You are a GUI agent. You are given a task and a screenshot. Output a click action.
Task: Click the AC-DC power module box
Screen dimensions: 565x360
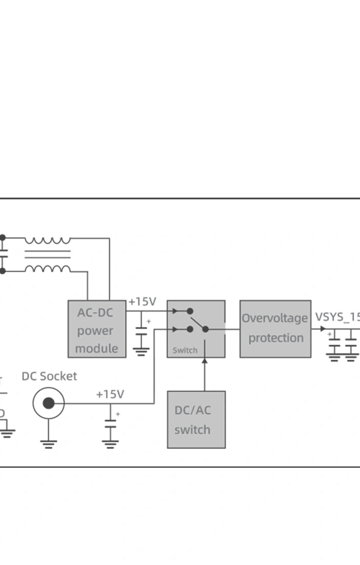tap(97, 329)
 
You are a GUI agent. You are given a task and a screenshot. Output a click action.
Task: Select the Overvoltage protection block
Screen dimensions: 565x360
tap(275, 329)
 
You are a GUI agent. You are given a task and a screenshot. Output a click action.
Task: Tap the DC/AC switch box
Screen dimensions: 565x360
tap(196, 419)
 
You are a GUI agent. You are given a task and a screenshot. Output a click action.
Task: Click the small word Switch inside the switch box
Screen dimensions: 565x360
tap(185, 350)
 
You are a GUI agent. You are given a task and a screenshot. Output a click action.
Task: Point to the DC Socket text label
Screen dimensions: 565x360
tap(49, 376)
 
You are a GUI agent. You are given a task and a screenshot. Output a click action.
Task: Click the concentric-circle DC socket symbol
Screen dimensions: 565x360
tap(48, 403)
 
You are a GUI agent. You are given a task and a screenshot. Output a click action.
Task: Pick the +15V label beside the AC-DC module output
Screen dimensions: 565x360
tap(142, 302)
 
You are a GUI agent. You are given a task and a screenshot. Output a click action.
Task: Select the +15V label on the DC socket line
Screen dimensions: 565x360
tap(110, 394)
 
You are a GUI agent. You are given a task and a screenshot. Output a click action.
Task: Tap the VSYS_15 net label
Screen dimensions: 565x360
tap(337, 316)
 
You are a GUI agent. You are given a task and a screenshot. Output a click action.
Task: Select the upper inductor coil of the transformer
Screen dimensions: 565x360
tap(48, 240)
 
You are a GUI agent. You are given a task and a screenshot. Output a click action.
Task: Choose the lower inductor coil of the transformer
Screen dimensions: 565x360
tap(48, 269)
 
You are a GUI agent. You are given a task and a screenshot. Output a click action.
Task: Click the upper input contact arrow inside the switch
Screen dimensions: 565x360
tap(176, 311)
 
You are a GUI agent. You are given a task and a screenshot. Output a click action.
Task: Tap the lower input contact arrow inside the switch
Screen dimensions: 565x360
tap(176, 329)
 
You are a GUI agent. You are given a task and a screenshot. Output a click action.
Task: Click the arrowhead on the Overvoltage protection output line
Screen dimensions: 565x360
tap(322, 329)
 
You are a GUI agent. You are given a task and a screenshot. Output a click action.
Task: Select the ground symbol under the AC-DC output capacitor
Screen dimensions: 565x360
tap(141, 351)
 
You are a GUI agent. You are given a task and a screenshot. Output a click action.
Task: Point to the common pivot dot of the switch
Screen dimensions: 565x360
tap(206, 329)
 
